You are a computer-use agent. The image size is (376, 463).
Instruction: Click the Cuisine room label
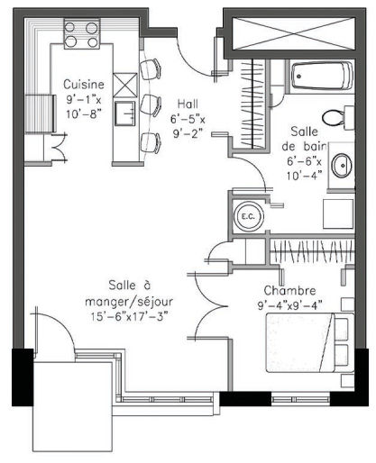click(x=84, y=84)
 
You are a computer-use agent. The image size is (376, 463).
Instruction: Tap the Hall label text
click(x=188, y=104)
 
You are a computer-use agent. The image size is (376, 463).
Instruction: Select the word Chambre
click(x=289, y=290)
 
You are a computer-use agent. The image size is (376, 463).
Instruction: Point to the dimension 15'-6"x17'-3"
click(x=129, y=316)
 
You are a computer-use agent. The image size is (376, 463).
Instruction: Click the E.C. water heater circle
click(x=249, y=216)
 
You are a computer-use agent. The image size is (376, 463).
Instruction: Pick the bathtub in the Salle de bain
click(x=322, y=76)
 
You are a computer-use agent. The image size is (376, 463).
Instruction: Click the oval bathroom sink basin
click(x=342, y=165)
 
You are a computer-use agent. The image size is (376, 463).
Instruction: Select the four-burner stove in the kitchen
click(x=81, y=34)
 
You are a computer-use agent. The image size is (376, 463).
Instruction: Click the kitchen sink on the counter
click(x=125, y=113)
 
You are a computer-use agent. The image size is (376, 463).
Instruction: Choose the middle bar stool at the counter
click(x=151, y=105)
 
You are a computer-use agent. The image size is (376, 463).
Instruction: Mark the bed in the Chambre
click(x=310, y=342)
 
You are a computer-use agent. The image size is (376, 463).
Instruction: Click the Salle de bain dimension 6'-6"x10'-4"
click(x=304, y=168)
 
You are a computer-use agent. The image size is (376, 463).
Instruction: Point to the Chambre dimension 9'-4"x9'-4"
click(x=289, y=305)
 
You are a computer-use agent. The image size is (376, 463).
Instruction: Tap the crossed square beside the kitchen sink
click(x=125, y=86)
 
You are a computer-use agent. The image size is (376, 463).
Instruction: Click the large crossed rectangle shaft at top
click(x=294, y=33)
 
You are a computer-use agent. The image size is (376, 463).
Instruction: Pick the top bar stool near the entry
click(x=151, y=69)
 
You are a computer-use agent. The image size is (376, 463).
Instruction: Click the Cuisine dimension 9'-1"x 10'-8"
click(x=84, y=107)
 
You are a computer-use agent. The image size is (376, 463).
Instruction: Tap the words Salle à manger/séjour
click(x=129, y=293)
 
